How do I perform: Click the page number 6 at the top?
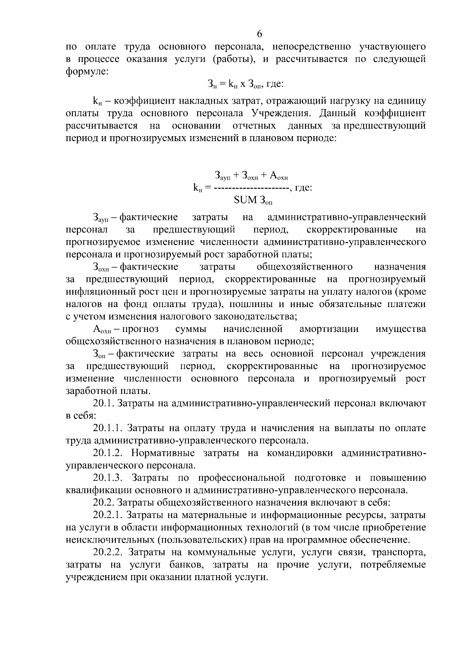tap(259, 34)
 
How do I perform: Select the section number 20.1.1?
tap(107, 428)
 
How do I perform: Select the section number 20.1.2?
tap(107, 453)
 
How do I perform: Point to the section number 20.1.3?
tap(107, 478)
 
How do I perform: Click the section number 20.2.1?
tap(107, 515)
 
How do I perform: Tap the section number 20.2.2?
tap(107, 552)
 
